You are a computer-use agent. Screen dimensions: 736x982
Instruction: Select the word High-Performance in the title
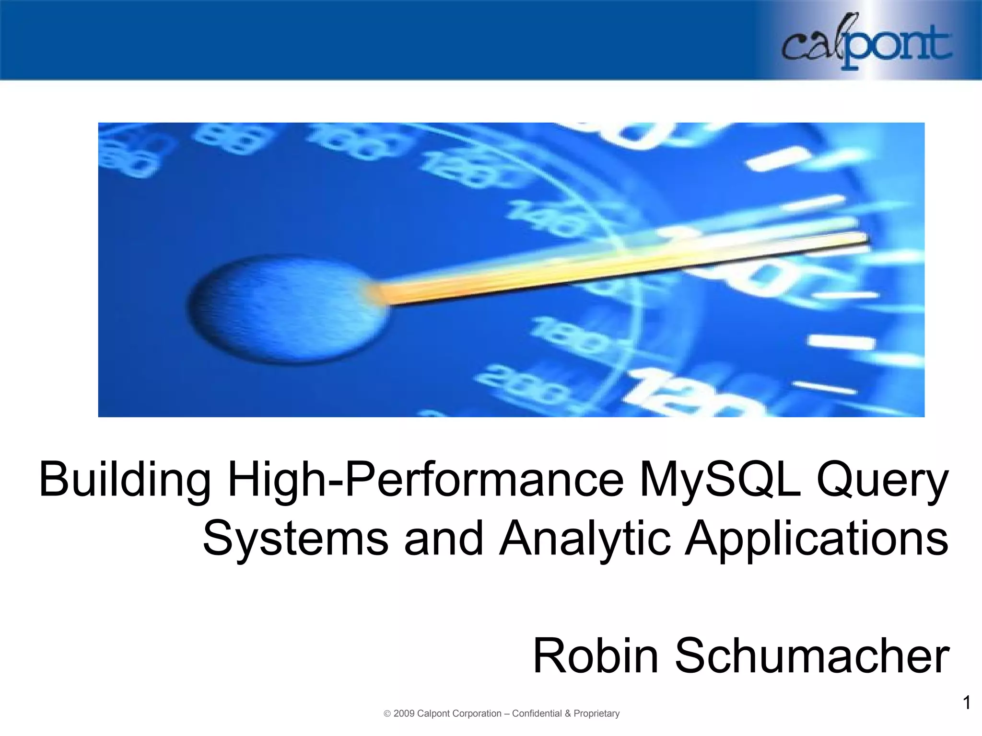pos(425,479)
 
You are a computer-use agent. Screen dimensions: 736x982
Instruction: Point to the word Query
pos(882,479)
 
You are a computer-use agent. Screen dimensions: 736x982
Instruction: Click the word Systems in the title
pos(295,539)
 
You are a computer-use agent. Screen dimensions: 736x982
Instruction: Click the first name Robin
pos(596,655)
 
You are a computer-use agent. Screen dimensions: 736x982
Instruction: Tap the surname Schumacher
pos(812,655)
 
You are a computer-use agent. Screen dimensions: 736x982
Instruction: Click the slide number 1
pos(967,702)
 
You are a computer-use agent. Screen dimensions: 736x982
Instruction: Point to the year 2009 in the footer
pos(404,713)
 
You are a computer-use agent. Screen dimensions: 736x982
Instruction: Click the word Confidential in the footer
pos(537,713)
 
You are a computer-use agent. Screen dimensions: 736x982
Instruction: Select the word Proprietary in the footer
pos(596,713)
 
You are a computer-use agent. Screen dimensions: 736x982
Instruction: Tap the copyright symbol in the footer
pos(387,714)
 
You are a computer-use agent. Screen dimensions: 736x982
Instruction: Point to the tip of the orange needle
pos(865,239)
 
